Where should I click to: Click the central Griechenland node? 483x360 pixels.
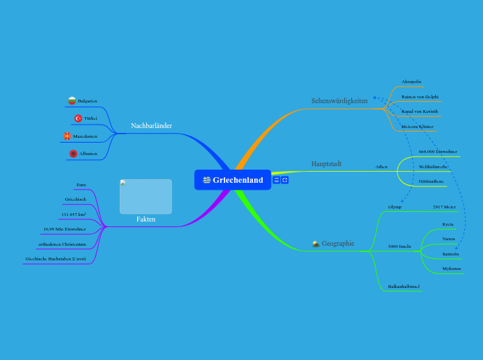[x=233, y=180]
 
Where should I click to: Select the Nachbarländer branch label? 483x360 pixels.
[x=151, y=126]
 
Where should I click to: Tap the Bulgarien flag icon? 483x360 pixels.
[x=71, y=101]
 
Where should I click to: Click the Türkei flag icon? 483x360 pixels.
[x=78, y=118]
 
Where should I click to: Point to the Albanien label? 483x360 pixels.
[x=88, y=153]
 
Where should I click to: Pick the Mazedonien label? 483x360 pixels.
[x=85, y=136]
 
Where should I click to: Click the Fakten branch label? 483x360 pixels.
[x=146, y=219]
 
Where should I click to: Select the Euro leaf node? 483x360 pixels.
[x=81, y=185]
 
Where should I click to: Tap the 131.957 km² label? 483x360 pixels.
[x=73, y=214]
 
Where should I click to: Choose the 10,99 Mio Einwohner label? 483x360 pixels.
[x=64, y=228]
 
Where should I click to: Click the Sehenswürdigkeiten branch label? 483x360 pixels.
[x=340, y=101]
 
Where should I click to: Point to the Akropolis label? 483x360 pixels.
[x=412, y=81]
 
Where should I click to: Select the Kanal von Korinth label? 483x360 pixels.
[x=419, y=111]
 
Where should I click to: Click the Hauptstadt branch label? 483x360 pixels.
[x=326, y=164]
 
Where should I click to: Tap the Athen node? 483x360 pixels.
[x=382, y=167]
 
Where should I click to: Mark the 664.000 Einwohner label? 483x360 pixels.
[x=438, y=151]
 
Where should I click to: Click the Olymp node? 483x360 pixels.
[x=395, y=206]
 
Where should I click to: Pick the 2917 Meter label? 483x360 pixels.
[x=444, y=206]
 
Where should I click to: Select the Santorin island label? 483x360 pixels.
[x=450, y=254]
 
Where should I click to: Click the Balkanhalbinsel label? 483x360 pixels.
[x=403, y=286]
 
